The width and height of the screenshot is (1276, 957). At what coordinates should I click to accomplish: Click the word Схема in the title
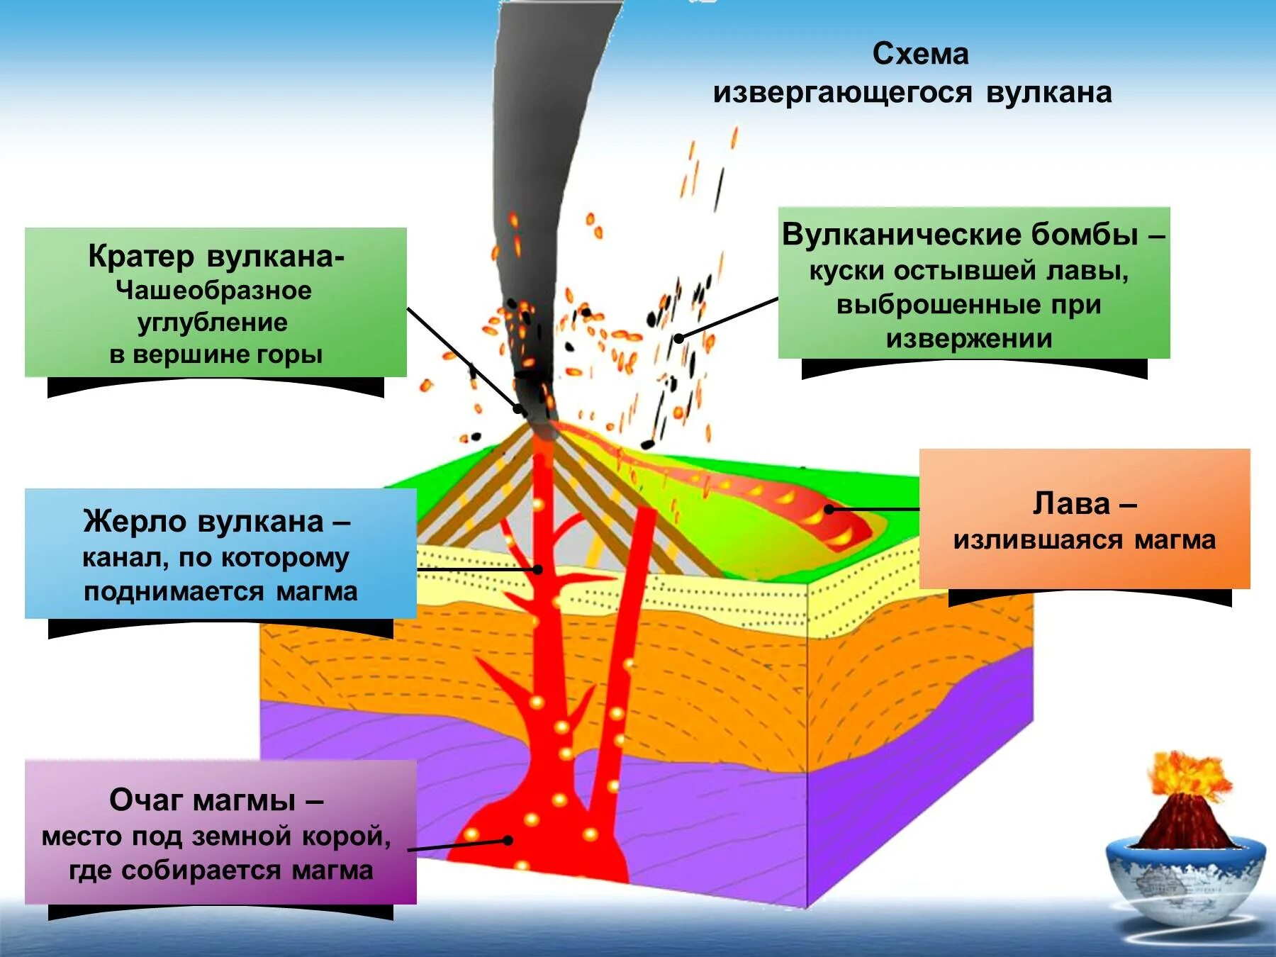[x=920, y=55]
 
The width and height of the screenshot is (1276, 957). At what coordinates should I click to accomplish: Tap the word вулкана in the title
[x=1048, y=93]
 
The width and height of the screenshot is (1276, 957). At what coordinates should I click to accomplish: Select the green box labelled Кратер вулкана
[x=216, y=303]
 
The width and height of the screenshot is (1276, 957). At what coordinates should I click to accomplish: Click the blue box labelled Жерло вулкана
[x=220, y=554]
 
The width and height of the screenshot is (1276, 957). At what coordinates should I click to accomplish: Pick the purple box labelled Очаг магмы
[x=220, y=832]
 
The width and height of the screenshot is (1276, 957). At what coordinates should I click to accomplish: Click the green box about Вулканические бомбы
[x=973, y=284]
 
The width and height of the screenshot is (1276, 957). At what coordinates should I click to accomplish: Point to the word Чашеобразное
[x=213, y=291]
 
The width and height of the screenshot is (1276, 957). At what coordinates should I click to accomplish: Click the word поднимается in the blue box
[x=174, y=591]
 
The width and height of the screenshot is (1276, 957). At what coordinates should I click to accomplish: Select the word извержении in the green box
[x=969, y=339]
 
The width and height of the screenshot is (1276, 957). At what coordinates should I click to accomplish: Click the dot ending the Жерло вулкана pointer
[x=538, y=569]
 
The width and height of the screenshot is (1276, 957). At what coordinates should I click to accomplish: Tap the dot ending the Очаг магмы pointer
[x=508, y=841]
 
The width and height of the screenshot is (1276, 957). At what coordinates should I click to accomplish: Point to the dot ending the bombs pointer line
[x=678, y=338]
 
